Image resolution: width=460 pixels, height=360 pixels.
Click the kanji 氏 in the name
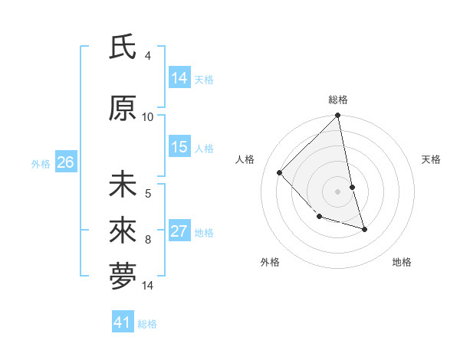[123, 48]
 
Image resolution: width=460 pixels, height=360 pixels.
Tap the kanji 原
[123, 110]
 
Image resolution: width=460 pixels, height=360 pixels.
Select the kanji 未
[123, 185]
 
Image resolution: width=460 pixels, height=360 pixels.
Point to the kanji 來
[123, 229]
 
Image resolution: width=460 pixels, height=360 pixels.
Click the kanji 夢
[123, 277]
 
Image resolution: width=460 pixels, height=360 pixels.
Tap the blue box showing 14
[179, 77]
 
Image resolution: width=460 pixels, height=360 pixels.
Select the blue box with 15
[179, 147]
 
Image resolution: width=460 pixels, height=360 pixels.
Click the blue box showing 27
[179, 231]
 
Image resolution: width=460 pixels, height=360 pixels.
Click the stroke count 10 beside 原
[148, 116]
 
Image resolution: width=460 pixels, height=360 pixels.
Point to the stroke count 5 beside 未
[148, 195]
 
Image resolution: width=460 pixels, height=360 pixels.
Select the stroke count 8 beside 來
[148, 239]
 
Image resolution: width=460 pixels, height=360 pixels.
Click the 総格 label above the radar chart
[338, 100]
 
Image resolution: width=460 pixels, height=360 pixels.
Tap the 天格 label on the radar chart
[432, 159]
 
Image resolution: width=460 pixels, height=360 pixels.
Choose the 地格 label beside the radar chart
[402, 262]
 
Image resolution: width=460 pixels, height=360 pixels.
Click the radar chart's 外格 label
[270, 262]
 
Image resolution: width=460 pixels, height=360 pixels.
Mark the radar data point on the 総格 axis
[338, 116]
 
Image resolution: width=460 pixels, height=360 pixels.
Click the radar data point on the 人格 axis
[280, 172]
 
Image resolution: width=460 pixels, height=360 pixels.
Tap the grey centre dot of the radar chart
[338, 191]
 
